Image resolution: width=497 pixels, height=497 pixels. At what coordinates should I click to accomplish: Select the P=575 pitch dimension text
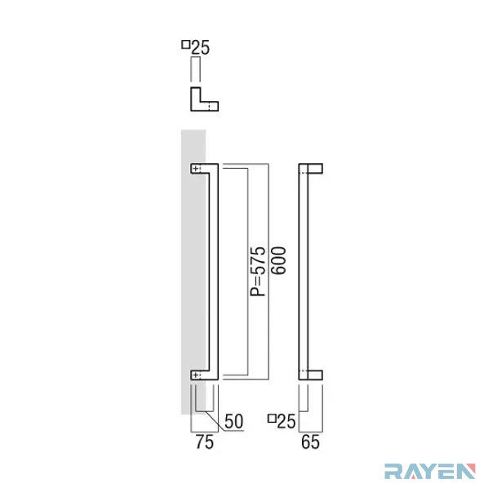(258, 271)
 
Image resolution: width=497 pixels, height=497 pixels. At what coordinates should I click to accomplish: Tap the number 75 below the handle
(205, 442)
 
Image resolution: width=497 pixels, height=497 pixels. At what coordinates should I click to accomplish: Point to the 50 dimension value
(233, 421)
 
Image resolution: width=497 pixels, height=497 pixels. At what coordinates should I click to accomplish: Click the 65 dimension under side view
(310, 442)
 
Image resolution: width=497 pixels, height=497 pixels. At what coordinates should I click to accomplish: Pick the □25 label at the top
(196, 47)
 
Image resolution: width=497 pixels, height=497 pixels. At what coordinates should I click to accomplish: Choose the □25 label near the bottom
(282, 421)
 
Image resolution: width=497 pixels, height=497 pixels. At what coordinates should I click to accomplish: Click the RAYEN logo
(430, 472)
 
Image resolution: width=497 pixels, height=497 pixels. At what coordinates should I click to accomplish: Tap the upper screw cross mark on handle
(196, 169)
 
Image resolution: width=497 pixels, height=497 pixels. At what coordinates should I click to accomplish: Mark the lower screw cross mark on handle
(196, 375)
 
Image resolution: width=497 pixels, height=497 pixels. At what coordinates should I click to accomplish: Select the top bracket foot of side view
(315, 169)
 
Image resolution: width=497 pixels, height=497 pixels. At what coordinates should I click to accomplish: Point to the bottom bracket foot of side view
(315, 375)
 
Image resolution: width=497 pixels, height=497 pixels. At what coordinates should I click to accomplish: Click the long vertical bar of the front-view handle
(214, 272)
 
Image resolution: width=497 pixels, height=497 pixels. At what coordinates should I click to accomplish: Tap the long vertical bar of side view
(304, 272)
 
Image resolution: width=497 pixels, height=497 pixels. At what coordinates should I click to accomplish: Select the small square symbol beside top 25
(185, 44)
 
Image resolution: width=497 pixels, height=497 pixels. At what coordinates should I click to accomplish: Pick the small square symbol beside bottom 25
(272, 419)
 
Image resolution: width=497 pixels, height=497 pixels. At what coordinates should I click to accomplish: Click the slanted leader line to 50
(215, 420)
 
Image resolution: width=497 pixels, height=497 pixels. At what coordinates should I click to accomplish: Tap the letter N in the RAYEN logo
(466, 472)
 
